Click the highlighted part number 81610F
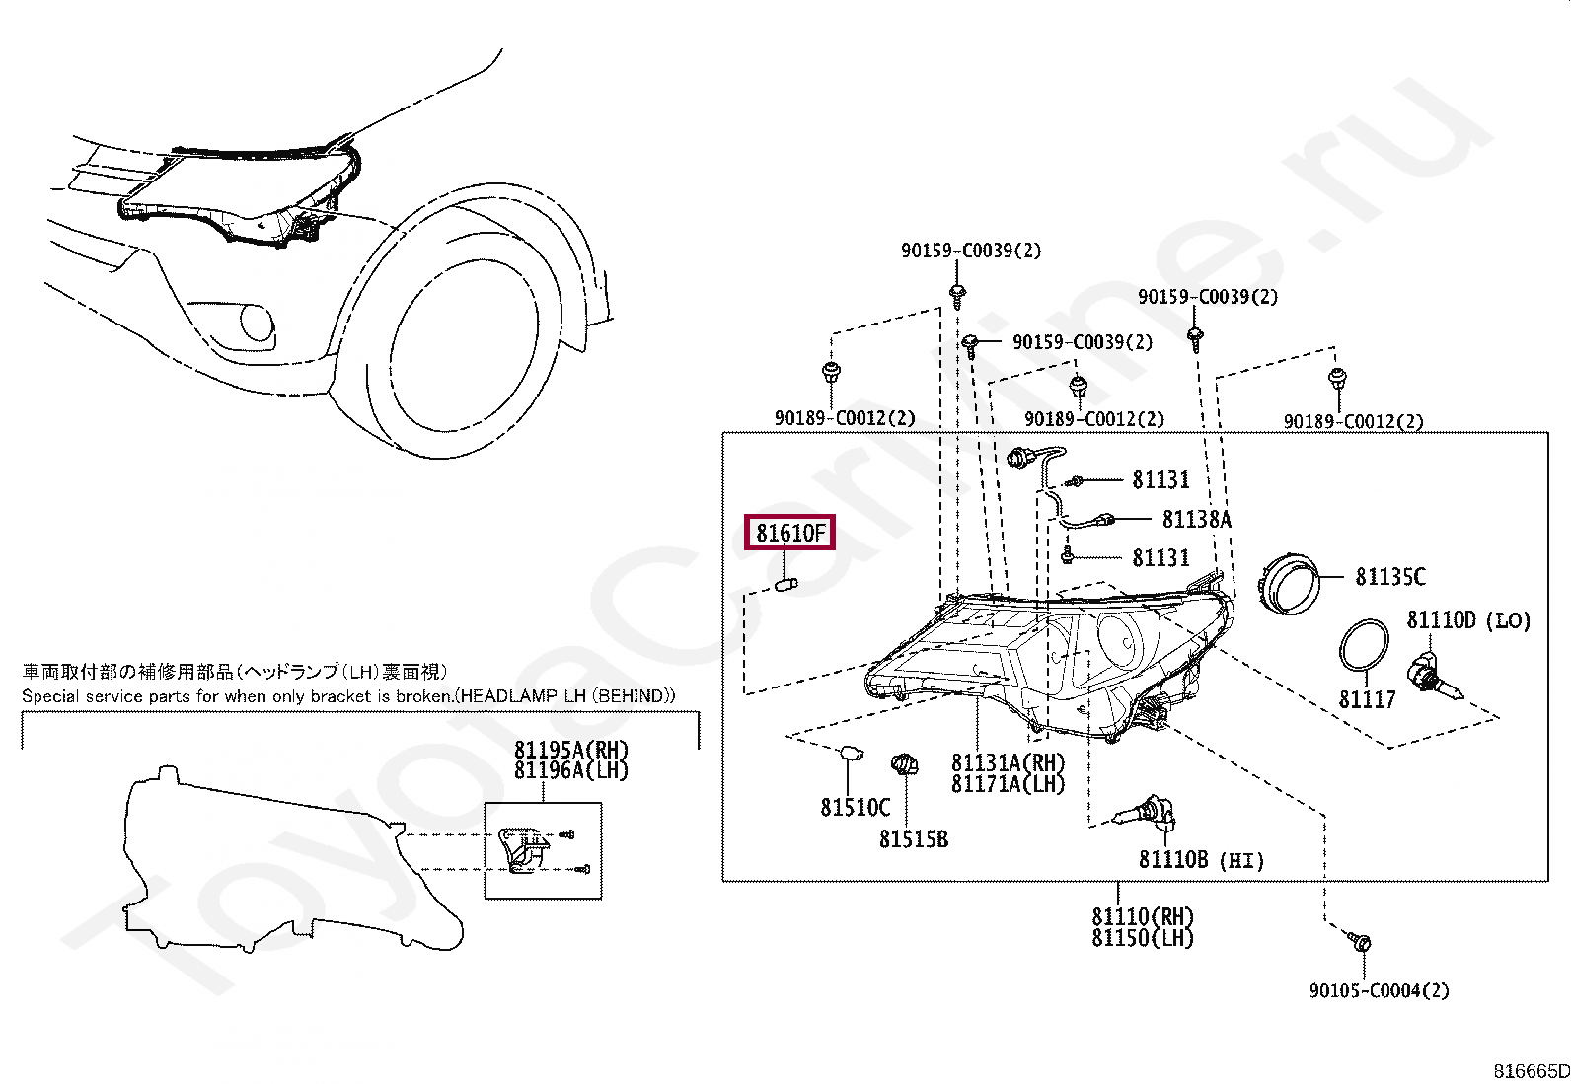click(789, 534)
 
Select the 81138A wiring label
click(1196, 519)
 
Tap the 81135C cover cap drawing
click(1292, 582)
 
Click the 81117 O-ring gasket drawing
click(1364, 647)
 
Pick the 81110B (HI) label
click(1201, 860)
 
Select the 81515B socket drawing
click(904, 764)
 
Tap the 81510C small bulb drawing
click(850, 755)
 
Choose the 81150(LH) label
click(1142, 938)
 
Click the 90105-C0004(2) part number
click(1379, 990)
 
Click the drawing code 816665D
click(1531, 1071)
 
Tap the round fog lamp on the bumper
click(258, 324)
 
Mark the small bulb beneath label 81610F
click(786, 586)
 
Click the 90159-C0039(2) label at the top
click(970, 251)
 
